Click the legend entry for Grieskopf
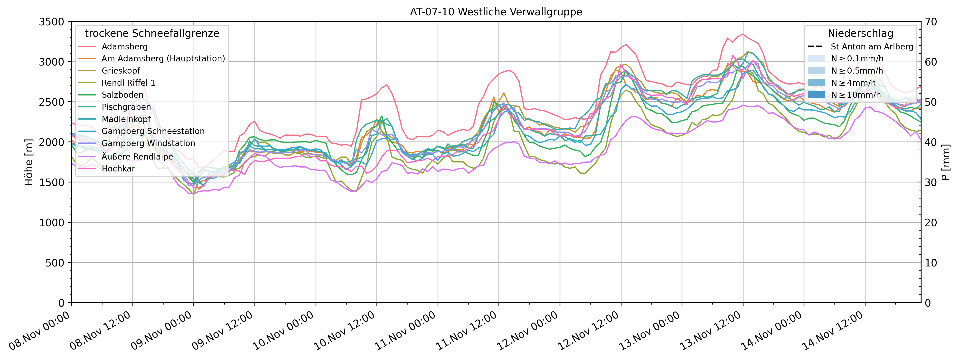point(121,71)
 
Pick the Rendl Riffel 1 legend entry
point(128,83)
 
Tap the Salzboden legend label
point(122,95)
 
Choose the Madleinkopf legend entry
point(126,119)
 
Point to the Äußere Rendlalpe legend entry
point(137,156)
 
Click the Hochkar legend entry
point(118,169)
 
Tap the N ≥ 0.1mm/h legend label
point(857,58)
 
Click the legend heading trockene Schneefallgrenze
point(152,34)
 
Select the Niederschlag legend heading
point(860,34)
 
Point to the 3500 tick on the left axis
point(52,22)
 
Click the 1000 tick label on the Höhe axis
point(52,223)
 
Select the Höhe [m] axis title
point(29,162)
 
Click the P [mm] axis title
point(946,162)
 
